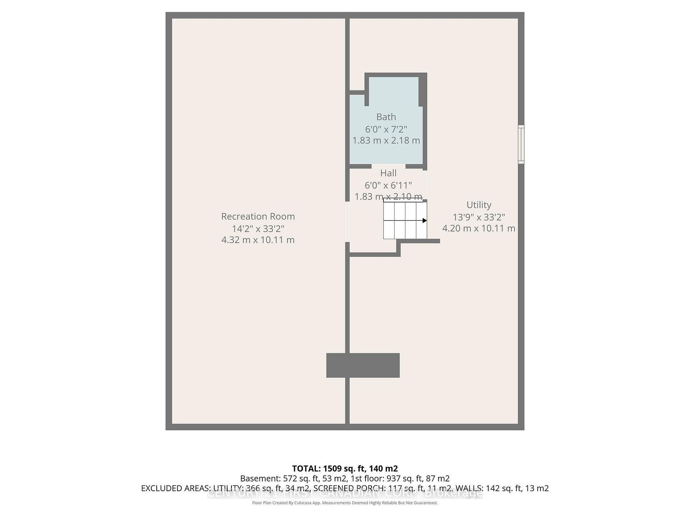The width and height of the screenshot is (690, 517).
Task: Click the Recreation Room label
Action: tap(258, 216)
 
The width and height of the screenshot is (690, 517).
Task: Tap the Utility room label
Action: tap(479, 205)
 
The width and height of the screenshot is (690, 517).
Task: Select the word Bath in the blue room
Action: tap(386, 117)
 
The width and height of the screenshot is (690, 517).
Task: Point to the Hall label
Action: tap(388, 173)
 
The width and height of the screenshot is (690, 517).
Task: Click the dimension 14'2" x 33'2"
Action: tap(258, 228)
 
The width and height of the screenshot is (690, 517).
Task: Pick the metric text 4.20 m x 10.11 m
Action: tap(479, 228)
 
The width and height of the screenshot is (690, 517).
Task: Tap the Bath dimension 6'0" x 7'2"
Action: tap(386, 129)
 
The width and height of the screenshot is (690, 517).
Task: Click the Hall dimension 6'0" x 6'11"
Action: tap(388, 185)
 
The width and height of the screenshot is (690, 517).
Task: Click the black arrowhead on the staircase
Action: tap(424, 220)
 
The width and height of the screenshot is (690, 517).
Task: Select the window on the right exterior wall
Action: tap(521, 144)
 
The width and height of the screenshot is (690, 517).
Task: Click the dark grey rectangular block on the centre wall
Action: tap(363, 365)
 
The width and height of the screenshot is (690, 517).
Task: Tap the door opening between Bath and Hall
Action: tap(388, 167)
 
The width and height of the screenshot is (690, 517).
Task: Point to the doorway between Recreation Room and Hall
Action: tap(348, 222)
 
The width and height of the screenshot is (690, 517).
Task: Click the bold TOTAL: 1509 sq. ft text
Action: tap(344, 469)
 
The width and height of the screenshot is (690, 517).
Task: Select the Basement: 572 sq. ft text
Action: tap(293, 479)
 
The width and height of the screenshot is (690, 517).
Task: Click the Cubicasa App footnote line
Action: tap(345, 503)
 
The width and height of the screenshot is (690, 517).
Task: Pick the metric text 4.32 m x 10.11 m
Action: tap(258, 240)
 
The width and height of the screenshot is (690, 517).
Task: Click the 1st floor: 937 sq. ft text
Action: tap(400, 479)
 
